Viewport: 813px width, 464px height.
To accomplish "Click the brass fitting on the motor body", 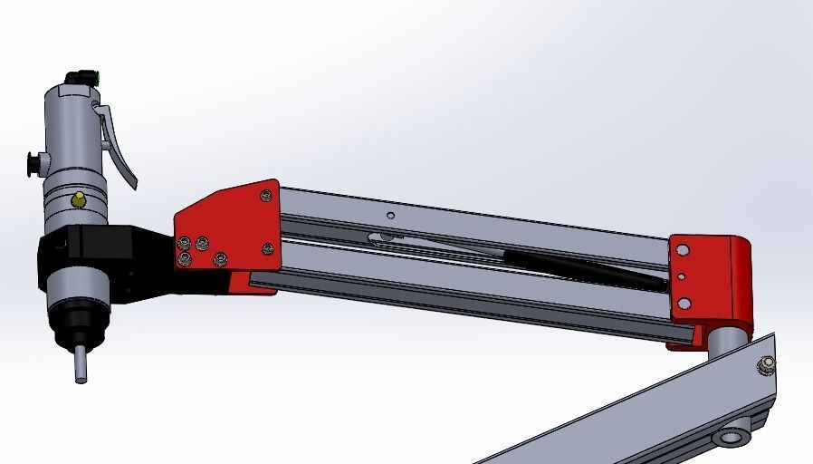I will pos(80,199).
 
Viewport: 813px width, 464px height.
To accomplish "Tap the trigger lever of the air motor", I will pos(118,145).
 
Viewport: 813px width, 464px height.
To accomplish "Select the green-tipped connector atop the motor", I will pos(87,77).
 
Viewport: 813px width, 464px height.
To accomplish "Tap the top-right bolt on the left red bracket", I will pos(265,195).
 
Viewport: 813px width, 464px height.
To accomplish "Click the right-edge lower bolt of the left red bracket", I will pos(267,248).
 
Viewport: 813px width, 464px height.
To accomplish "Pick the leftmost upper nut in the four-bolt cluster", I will pos(185,242).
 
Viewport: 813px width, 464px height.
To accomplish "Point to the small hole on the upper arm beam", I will pos(390,216).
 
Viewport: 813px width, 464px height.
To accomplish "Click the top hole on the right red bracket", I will pos(684,250).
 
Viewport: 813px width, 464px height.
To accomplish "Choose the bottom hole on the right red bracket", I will pos(684,304).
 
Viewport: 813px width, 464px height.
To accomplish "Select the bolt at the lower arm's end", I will pos(768,363).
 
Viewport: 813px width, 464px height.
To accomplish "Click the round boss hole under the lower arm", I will pos(730,439).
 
